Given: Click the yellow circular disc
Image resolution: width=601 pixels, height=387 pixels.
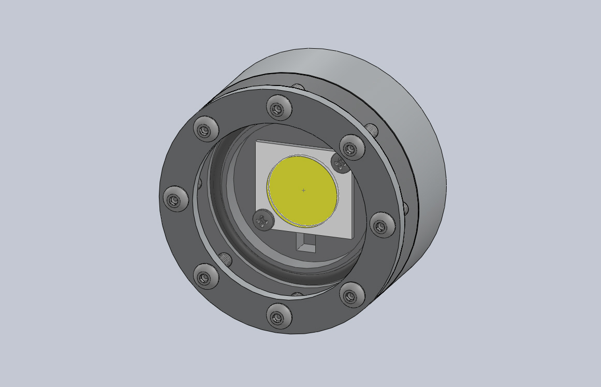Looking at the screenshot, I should tap(302, 191).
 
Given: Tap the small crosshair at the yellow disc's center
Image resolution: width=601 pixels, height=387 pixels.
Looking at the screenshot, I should tap(303, 190).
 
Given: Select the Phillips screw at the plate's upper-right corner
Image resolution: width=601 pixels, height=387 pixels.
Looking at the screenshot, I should tap(340, 163).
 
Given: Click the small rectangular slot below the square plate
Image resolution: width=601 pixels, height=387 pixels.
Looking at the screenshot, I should tap(306, 242).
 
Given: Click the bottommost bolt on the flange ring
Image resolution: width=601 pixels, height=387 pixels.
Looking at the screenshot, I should tap(279, 316).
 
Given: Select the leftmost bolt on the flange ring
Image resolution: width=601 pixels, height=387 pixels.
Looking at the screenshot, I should tap(176, 199).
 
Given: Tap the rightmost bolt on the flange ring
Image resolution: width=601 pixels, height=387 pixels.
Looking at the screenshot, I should tap(382, 225).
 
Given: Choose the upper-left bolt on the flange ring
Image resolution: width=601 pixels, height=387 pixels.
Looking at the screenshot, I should tap(206, 128).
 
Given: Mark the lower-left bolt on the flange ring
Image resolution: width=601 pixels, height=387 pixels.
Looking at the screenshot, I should tap(206, 276).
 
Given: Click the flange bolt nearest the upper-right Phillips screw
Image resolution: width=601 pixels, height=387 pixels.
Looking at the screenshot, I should tap(352, 148).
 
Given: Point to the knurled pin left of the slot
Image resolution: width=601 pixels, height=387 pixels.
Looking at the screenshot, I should tap(225, 258).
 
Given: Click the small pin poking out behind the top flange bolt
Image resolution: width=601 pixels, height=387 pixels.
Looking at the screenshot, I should tap(298, 87).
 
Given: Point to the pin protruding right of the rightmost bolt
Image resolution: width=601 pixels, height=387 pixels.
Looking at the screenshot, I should tap(405, 208).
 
